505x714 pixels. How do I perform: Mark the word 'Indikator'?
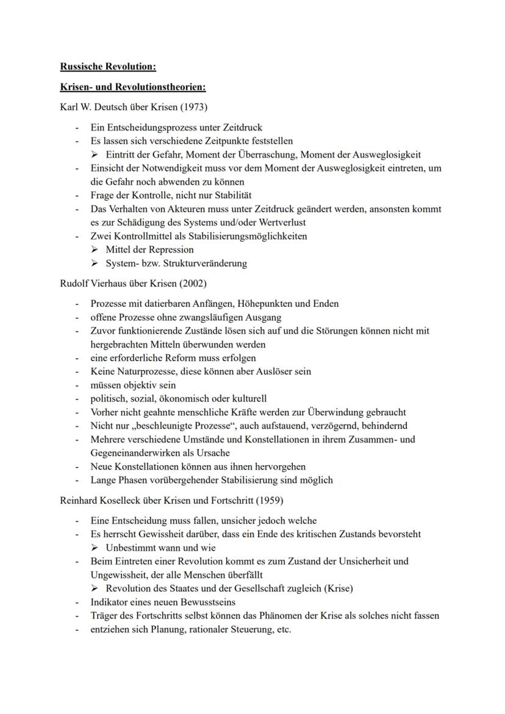click(109, 602)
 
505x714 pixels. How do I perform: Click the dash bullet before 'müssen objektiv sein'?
click(77, 385)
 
